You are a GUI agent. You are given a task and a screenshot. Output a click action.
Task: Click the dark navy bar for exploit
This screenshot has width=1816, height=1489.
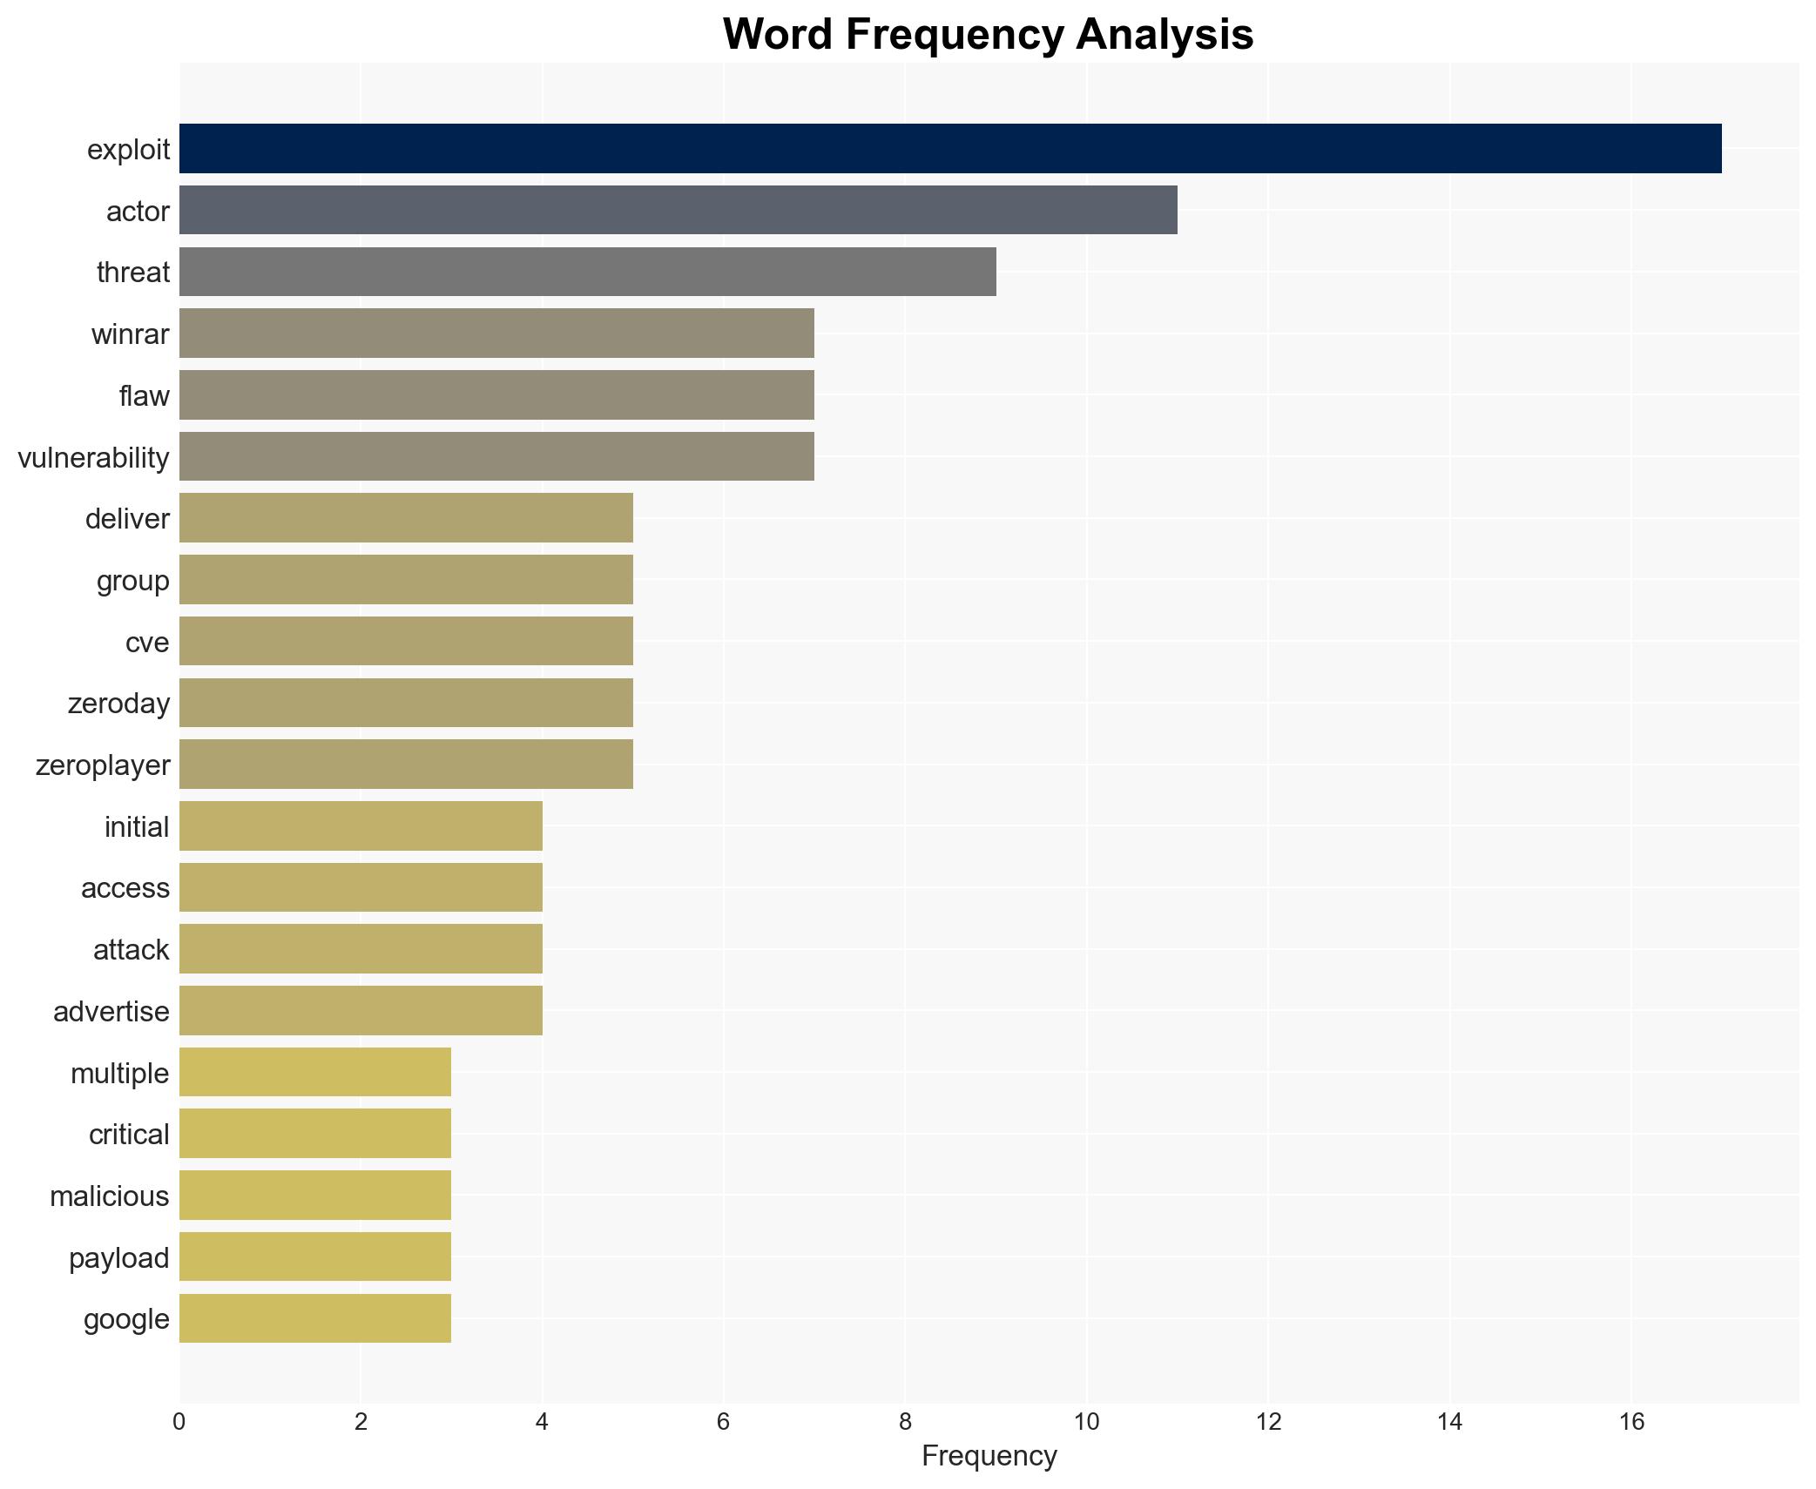pos(949,149)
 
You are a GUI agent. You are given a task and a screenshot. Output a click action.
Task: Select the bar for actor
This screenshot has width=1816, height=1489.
pos(678,210)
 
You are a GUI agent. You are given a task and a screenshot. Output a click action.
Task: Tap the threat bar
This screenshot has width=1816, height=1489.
pos(587,272)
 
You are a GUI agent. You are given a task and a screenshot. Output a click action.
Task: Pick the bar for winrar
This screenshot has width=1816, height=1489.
pos(496,334)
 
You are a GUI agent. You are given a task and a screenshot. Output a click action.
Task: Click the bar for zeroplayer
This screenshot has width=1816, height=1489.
pos(406,765)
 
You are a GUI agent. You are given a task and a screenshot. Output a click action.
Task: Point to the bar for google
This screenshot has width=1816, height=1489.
pos(315,1318)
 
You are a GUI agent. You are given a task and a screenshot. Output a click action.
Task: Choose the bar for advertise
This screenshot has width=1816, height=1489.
pos(361,1011)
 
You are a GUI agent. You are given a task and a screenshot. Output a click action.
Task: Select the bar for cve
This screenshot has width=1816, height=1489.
pos(406,642)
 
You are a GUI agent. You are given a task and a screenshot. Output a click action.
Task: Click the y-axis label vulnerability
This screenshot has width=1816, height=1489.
pos(93,457)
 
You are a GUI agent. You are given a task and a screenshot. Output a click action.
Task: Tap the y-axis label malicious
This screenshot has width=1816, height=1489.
pos(109,1196)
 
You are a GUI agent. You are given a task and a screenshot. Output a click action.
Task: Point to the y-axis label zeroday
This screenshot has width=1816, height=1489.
pos(118,704)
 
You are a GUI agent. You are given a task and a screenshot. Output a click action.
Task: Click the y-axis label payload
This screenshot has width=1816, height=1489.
pos(118,1258)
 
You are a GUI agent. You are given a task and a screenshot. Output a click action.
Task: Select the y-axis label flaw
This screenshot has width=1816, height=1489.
pos(144,396)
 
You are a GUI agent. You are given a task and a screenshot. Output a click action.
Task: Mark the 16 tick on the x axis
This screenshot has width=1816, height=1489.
pos(1631,1423)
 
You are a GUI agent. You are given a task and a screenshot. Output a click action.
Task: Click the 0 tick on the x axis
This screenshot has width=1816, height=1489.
pos(179,1423)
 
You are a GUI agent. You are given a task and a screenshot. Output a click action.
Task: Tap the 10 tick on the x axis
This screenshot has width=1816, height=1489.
pos(1086,1423)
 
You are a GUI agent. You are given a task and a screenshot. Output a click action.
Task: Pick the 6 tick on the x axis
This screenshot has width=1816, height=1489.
pos(724,1423)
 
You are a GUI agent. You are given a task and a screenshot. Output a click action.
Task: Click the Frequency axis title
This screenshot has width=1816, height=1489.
pos(989,1456)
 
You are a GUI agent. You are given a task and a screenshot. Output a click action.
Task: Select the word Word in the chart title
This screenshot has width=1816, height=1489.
pos(779,35)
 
